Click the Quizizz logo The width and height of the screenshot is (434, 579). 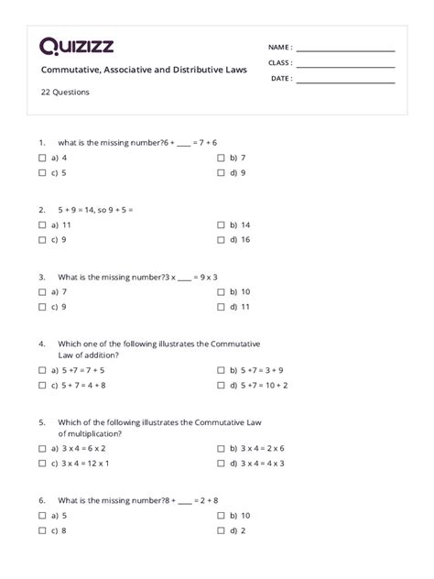tap(77, 47)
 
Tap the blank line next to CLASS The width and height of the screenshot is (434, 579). tap(345, 65)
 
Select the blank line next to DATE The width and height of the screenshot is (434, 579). tap(345, 81)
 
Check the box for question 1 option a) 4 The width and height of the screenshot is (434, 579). tap(43, 158)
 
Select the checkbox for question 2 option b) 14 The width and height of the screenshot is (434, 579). tap(221, 224)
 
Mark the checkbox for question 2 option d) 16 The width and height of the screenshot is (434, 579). tap(221, 239)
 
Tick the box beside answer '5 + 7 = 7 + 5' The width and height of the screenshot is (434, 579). tap(43, 370)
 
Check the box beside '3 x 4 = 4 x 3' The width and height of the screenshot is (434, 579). tap(221, 464)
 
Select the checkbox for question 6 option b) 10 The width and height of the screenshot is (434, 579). tap(221, 516)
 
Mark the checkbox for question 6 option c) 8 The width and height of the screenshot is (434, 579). tap(43, 530)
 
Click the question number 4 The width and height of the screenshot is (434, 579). tap(42, 344)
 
